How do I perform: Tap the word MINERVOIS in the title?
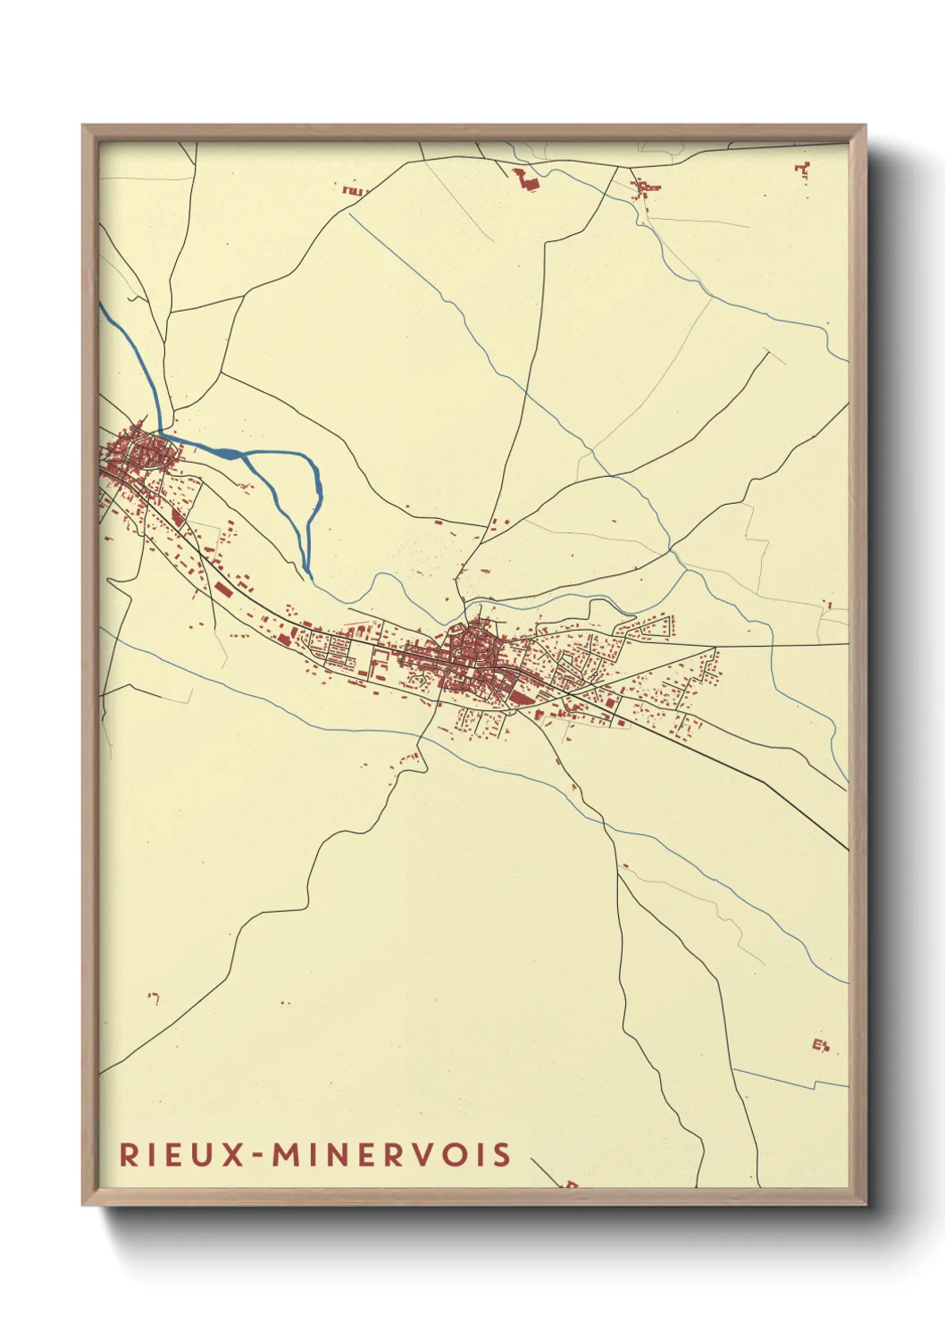(x=392, y=1154)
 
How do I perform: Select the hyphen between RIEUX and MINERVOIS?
(x=258, y=1155)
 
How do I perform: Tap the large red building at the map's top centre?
(x=525, y=180)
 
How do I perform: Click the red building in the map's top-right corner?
(x=802, y=170)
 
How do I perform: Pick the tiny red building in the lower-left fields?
(x=154, y=998)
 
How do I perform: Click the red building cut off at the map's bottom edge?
(x=569, y=1184)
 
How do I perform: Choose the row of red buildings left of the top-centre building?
(x=354, y=189)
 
